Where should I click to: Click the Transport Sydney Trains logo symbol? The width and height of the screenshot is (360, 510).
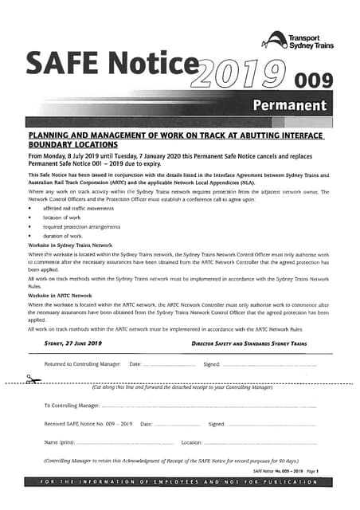point(277,40)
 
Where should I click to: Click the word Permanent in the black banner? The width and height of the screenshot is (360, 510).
point(289,105)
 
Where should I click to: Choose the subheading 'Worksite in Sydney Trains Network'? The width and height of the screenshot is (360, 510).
point(70,245)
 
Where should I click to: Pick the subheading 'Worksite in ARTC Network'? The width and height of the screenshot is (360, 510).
point(60,294)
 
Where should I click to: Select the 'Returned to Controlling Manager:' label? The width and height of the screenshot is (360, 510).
point(82,364)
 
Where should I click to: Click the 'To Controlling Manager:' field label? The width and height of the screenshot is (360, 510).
point(71,406)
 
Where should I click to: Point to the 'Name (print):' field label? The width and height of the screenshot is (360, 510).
point(59,441)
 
